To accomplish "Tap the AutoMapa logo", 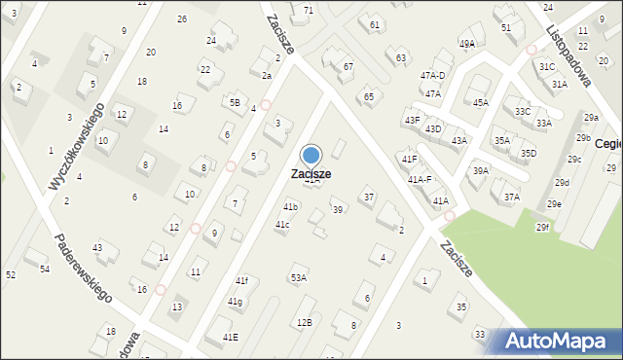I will tap(553, 342).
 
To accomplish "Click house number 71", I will tap(309, 10).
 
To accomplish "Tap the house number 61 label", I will tap(375, 23).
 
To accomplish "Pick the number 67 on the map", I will tap(348, 66).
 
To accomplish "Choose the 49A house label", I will tap(467, 44).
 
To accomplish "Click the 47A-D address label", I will tap(432, 75).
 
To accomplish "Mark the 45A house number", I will tap(480, 102).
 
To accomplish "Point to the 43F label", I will tap(412, 120).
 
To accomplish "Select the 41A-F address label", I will tap(421, 179).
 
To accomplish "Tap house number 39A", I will tap(480, 171).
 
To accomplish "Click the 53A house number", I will tap(298, 277).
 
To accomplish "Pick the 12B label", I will tap(305, 321).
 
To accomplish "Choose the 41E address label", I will tap(230, 337).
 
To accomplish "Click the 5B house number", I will tap(234, 102).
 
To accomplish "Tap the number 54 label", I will tap(44, 269).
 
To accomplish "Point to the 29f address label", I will tap(542, 228).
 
